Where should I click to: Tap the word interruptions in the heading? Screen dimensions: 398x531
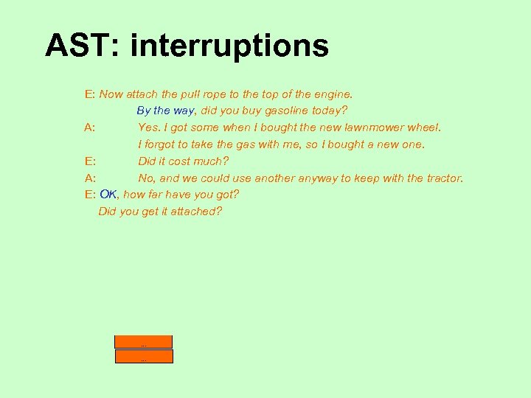(229, 46)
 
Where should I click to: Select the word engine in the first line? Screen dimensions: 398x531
(333, 94)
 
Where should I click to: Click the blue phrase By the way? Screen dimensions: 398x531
(165, 111)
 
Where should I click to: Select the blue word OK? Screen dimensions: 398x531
(108, 195)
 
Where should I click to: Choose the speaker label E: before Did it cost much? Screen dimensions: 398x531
(90, 161)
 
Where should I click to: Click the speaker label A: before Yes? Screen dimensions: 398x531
(90, 128)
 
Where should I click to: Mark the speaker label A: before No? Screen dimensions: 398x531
(90, 178)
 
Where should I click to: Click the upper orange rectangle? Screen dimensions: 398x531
(143, 342)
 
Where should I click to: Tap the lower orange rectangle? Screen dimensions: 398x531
(143, 357)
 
